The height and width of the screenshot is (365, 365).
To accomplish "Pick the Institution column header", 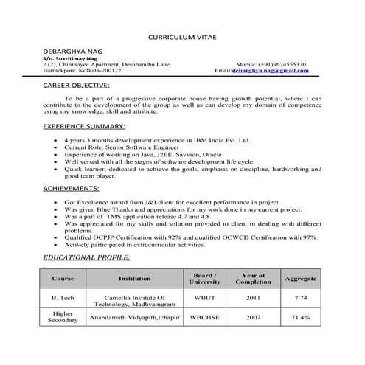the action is (x=134, y=279).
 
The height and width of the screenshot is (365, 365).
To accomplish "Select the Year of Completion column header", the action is (x=253, y=278).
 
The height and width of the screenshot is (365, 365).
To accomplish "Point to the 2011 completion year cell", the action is (x=253, y=297).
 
